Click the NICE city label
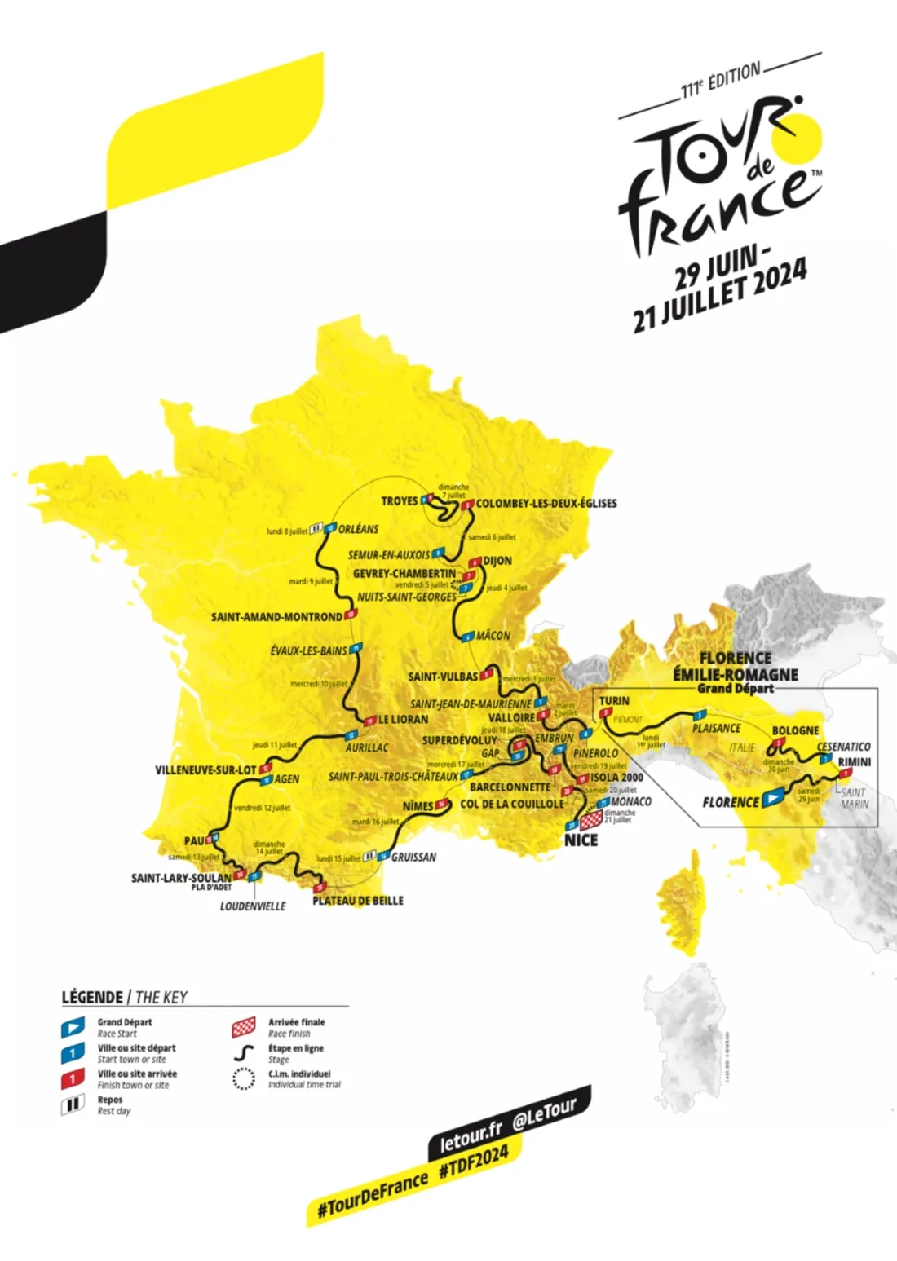tap(581, 840)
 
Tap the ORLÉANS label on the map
tap(358, 529)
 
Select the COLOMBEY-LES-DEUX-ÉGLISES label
tap(546, 503)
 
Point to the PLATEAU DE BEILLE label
tap(358, 901)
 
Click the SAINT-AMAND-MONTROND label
tap(276, 617)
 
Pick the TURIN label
tap(614, 701)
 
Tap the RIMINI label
tap(854, 762)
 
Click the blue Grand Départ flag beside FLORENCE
tap(772, 800)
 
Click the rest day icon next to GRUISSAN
tap(369, 856)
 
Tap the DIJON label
tap(497, 561)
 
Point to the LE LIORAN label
tap(403, 720)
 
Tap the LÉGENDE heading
tap(92, 997)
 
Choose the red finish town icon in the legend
tap(73, 1079)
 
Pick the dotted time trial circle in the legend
tap(244, 1079)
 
